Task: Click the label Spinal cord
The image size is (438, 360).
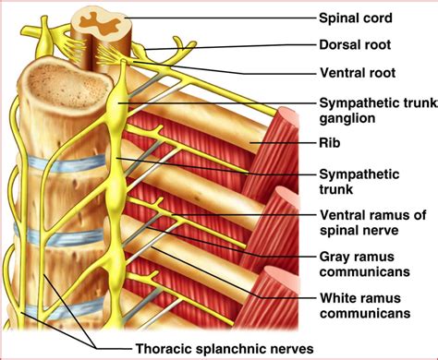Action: coord(356,18)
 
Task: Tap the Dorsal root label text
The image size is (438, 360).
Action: coord(355,45)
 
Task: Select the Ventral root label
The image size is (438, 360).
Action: coord(358,73)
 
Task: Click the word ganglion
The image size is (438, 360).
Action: coord(347,118)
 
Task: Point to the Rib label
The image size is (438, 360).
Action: coord(330,143)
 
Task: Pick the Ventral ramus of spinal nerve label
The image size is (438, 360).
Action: coord(372,222)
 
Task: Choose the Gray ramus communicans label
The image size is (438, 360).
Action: coord(364,264)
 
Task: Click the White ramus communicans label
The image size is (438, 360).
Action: coord(365,306)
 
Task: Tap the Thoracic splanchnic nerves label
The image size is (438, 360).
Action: coord(225,349)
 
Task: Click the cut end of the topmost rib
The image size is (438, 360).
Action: coord(288,117)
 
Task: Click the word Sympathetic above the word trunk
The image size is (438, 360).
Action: coord(359,174)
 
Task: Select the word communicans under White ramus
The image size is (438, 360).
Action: coord(365,313)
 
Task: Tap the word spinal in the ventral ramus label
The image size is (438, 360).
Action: coord(337,230)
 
